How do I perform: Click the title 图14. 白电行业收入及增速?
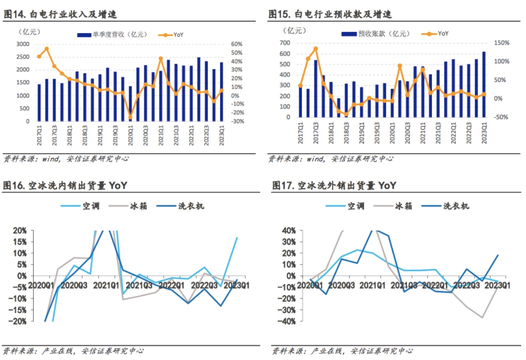[60, 14]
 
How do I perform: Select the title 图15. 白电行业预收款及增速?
[330, 14]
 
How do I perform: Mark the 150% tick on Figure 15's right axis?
[501, 43]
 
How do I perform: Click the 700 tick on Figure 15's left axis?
[285, 43]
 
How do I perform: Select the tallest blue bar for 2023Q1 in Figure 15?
[483, 85]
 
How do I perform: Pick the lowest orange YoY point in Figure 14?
[130, 117]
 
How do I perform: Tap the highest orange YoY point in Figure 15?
[315, 49]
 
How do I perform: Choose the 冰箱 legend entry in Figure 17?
[404, 206]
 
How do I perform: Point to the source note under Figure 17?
[342, 351]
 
